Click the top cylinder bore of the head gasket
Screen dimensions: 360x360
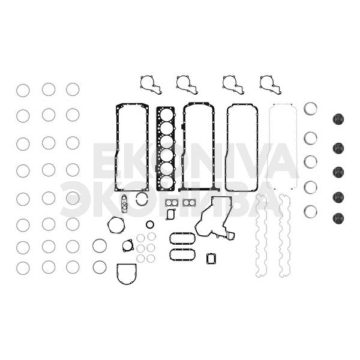click(166, 115)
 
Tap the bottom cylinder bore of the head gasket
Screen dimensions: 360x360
click(166, 182)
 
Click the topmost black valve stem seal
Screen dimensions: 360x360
click(338, 119)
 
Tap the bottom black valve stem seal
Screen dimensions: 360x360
click(338, 218)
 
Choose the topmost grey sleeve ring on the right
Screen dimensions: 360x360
click(310, 109)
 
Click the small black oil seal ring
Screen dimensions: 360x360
click(150, 224)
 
